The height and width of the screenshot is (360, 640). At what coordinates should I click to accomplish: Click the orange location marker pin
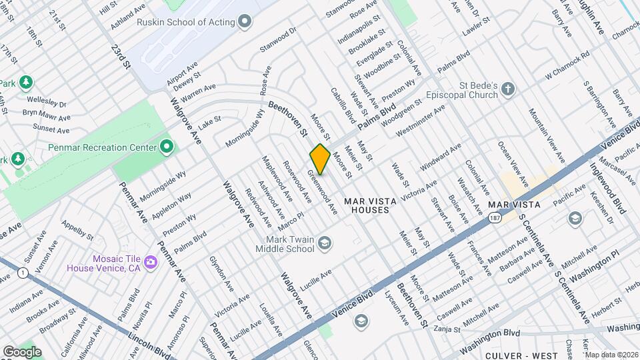pyautogui.click(x=320, y=159)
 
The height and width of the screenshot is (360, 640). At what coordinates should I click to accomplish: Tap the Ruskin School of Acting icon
pyautogui.click(x=245, y=22)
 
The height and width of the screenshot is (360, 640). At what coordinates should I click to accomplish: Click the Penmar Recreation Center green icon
pyautogui.click(x=165, y=147)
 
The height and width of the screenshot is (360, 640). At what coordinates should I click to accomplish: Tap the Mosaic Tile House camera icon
pyautogui.click(x=151, y=262)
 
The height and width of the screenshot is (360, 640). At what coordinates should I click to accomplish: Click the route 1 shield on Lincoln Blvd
pyautogui.click(x=23, y=272)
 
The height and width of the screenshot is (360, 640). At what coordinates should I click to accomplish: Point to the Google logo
pyautogui.click(x=22, y=351)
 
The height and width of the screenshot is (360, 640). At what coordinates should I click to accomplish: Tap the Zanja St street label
pyautogui.click(x=447, y=329)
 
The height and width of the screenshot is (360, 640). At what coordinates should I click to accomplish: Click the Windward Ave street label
pyautogui.click(x=441, y=157)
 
